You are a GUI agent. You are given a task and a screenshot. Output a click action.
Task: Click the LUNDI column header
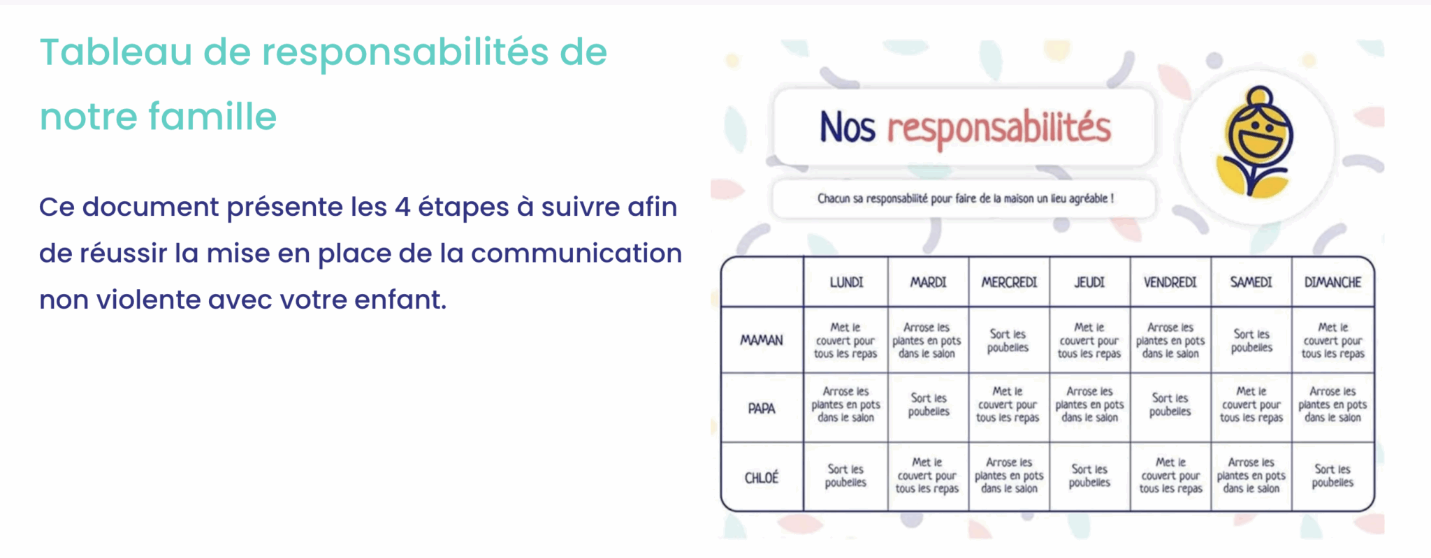click(846, 282)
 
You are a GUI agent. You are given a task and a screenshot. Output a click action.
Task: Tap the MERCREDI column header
click(1009, 282)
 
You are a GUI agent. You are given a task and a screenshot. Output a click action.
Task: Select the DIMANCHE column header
click(1332, 282)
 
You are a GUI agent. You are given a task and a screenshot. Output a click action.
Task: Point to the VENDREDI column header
click(1170, 282)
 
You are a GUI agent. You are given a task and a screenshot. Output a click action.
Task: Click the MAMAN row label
click(762, 340)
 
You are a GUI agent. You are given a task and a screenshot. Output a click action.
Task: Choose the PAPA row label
click(762, 408)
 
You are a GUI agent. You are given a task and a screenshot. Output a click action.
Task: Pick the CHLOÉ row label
click(762, 478)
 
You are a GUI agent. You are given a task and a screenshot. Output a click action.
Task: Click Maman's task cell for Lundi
click(845, 340)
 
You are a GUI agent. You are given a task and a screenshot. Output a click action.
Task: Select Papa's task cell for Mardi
click(928, 404)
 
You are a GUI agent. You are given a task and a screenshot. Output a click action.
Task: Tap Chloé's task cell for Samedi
click(1251, 476)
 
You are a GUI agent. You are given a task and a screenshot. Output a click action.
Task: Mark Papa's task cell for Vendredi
click(1170, 404)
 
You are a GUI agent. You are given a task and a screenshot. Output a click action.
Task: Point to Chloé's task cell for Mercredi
click(1009, 476)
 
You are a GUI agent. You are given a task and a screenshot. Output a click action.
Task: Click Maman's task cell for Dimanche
click(1332, 340)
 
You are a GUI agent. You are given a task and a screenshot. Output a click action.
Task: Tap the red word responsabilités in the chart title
click(998, 129)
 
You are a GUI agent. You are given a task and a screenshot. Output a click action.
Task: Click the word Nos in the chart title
click(847, 127)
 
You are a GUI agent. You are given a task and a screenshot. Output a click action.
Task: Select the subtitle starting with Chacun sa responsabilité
click(965, 198)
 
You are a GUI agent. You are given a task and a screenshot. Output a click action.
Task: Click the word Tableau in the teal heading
click(116, 52)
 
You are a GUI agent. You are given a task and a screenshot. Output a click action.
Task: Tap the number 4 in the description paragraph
click(402, 207)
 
